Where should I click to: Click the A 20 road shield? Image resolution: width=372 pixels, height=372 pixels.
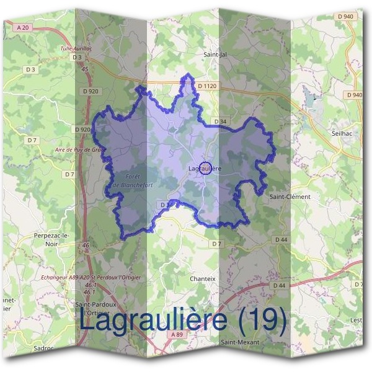pyautogui.click(x=24, y=27)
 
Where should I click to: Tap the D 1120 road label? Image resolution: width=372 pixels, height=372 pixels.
pyautogui.click(x=208, y=85)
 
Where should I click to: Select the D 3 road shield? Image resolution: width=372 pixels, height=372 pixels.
pyautogui.click(x=77, y=58)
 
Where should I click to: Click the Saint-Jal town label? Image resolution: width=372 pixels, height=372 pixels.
pyautogui.click(x=216, y=55)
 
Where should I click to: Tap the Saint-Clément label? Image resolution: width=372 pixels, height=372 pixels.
pyautogui.click(x=290, y=197)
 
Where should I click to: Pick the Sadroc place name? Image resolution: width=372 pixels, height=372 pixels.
pyautogui.click(x=44, y=348)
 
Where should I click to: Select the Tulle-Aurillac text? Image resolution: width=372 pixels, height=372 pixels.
pyautogui.click(x=76, y=48)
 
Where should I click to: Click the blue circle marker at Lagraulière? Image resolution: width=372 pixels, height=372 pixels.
pyautogui.click(x=207, y=167)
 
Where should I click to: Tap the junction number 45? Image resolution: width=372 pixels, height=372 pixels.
pyautogui.click(x=85, y=69)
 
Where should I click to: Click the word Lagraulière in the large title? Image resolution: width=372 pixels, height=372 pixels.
pyautogui.click(x=155, y=321)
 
